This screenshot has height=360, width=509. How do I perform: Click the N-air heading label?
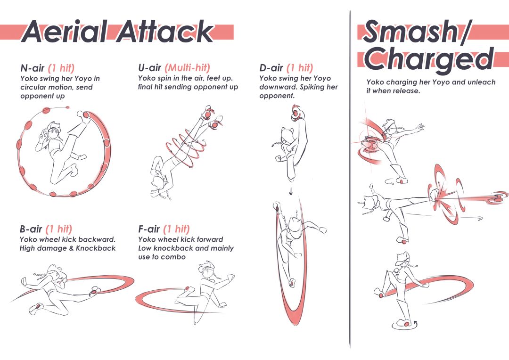tap(33, 68)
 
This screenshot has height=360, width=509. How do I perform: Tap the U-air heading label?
tap(150, 68)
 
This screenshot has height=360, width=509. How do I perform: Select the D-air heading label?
tap(271, 68)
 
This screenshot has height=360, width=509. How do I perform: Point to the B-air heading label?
tap(31, 229)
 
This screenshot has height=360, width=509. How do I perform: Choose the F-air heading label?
tap(149, 229)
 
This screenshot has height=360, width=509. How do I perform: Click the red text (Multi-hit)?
tap(187, 68)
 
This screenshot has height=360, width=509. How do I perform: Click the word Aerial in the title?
tap(64, 32)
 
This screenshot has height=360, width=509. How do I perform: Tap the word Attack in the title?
tap(164, 32)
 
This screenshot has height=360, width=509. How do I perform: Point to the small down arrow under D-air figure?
tap(291, 191)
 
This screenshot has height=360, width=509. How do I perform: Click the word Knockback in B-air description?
tap(96, 248)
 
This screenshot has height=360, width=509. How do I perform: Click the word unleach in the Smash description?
tap(482, 82)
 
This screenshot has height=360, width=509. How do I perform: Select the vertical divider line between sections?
tap(350, 179)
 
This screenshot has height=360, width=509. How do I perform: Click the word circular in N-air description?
tap(33, 87)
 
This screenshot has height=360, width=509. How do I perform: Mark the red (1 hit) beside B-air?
tap(59, 229)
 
